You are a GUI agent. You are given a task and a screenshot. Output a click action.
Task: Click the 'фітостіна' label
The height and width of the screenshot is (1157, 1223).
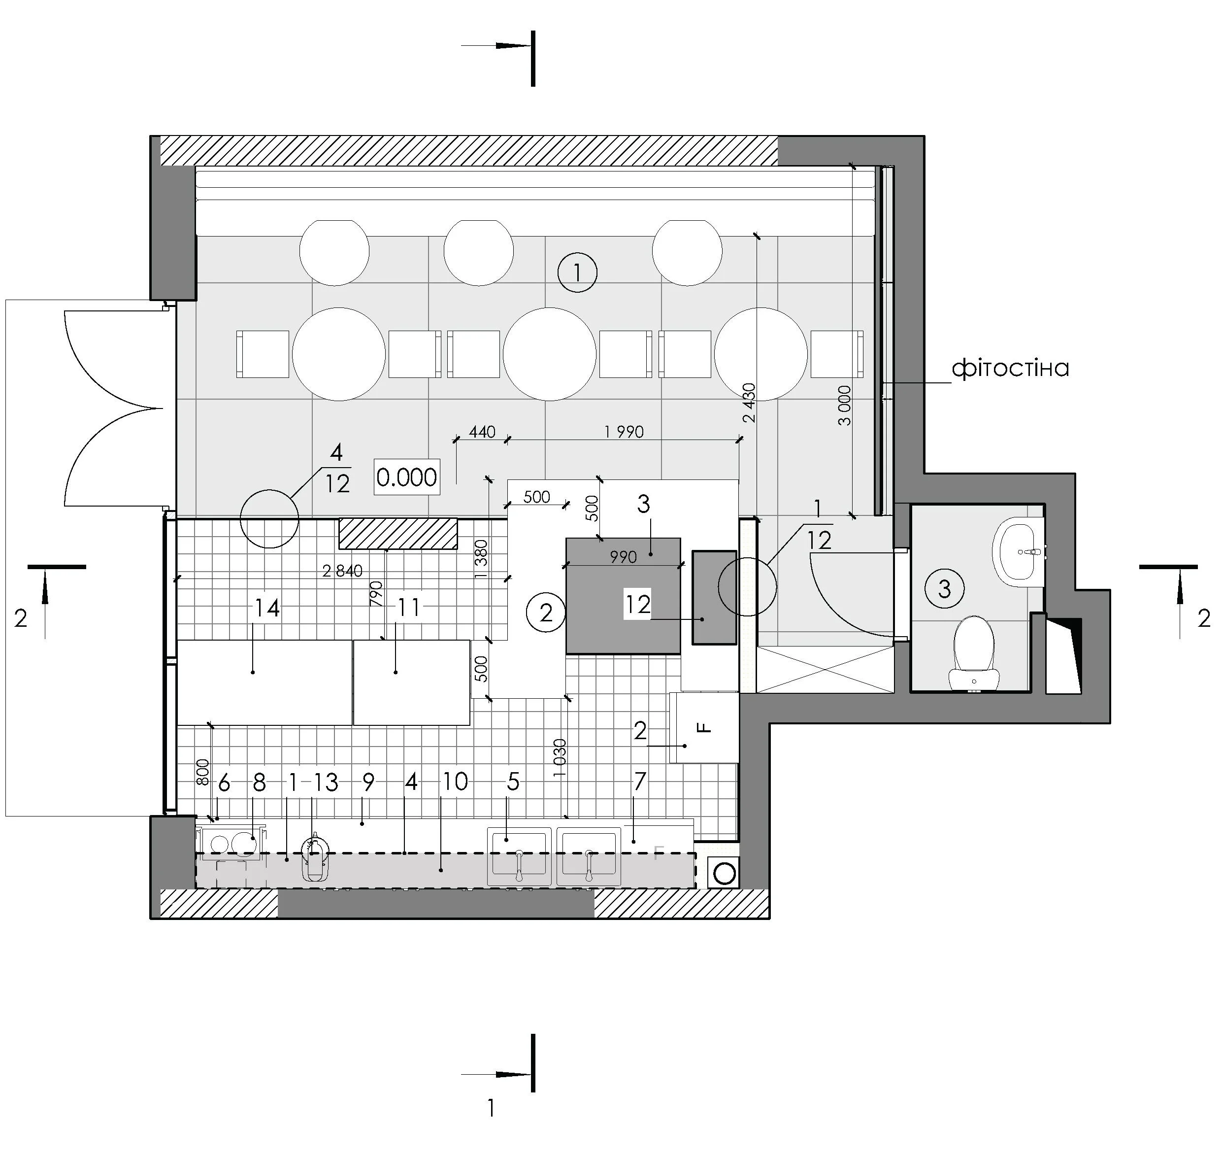point(1010,368)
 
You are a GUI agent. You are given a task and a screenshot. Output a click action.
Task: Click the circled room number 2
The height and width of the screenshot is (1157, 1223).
point(546,613)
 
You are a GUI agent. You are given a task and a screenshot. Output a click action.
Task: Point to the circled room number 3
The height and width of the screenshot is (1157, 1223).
point(944,588)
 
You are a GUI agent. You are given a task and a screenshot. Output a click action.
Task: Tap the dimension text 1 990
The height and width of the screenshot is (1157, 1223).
point(624,432)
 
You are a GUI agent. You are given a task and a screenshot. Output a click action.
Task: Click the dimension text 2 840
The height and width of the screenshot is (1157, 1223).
point(342,571)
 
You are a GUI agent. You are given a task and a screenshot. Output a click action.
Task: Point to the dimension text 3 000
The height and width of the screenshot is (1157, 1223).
point(845,405)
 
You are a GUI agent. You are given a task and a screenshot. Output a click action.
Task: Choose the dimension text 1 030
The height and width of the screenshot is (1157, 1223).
point(559,757)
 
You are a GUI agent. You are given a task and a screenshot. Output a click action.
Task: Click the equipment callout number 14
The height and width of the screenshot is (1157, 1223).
point(267,608)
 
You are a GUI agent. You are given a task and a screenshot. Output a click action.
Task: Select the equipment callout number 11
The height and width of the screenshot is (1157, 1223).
point(409,608)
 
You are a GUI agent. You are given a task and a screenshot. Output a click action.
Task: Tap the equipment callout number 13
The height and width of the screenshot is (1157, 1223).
point(326,783)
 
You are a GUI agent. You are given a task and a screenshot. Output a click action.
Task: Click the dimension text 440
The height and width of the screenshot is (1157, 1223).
point(482,432)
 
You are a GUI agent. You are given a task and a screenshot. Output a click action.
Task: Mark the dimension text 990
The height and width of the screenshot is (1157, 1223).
point(623,557)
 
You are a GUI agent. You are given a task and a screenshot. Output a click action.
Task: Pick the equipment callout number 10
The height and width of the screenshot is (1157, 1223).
point(456,782)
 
